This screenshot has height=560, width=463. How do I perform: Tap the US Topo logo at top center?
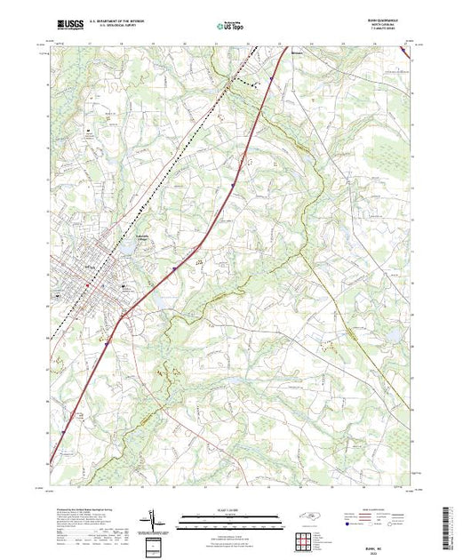[x=231, y=27]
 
